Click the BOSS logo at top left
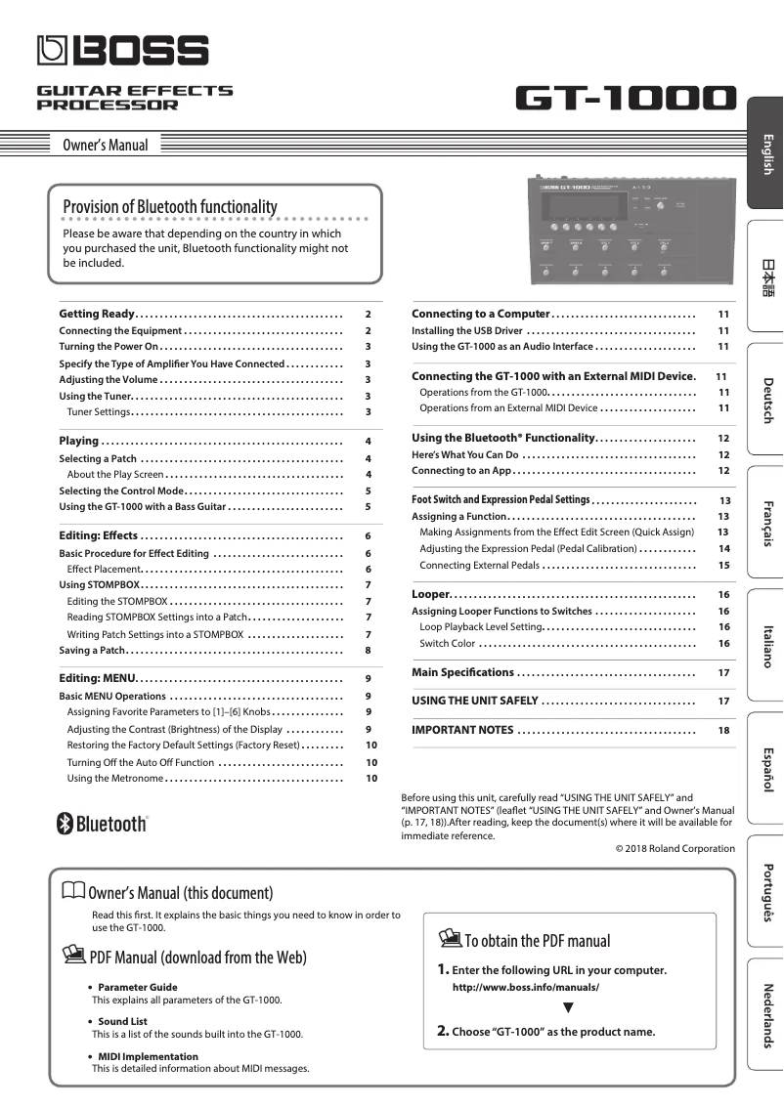pos(122,50)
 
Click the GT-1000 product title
pos(625,98)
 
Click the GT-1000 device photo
pos(632,231)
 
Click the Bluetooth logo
pos(103,824)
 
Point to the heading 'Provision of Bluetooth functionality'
pos(169,206)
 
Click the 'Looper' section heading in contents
pos(430,594)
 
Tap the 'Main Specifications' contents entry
pos(462,672)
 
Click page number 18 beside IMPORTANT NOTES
pos(723,730)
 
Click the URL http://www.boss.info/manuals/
pos(525,988)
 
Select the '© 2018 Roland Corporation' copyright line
pos(675,848)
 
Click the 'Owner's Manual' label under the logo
pos(105,146)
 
